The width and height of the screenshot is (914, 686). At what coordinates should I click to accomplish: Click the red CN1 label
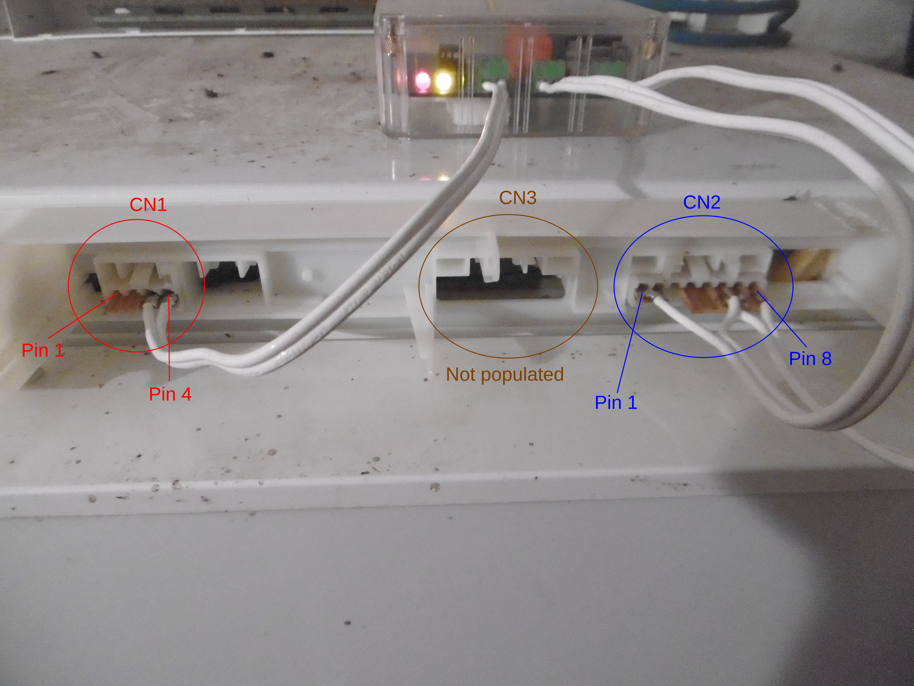tap(148, 205)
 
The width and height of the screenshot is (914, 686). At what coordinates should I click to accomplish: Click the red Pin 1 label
tap(43, 350)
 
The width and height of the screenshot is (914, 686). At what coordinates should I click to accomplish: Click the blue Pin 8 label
tap(810, 358)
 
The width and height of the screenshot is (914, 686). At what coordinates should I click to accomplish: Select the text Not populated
tap(505, 374)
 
